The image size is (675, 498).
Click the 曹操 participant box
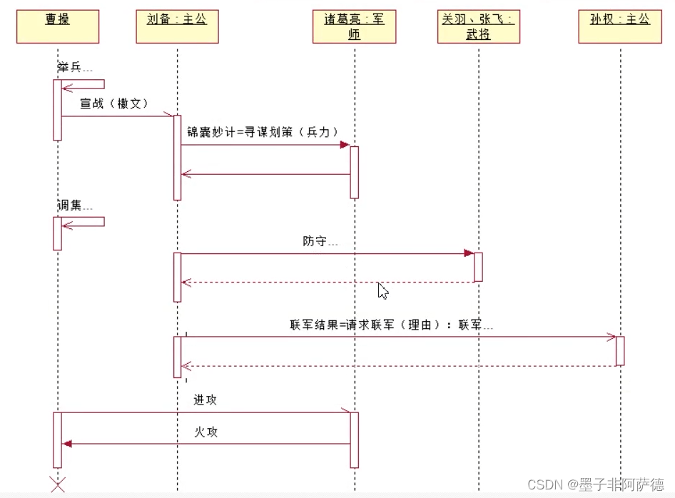58,26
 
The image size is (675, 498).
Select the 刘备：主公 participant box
177,26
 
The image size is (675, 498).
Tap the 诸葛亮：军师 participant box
354,26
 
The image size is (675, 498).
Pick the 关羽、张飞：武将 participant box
477,26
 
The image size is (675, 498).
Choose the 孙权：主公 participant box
620,26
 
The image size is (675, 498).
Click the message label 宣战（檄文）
114,103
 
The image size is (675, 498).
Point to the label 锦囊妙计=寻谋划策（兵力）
262,132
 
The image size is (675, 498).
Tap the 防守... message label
320,241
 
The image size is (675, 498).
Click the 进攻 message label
205,400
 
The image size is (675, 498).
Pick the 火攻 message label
205,432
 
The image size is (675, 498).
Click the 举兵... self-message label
75,68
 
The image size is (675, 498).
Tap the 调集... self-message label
75,205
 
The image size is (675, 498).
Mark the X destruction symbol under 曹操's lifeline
58,483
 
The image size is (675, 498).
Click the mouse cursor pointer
382,290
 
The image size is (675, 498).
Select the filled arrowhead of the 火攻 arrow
67,444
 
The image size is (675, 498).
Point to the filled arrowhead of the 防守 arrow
469,253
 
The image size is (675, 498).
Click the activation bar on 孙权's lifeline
620,351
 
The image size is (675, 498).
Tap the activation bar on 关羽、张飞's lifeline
478,267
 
